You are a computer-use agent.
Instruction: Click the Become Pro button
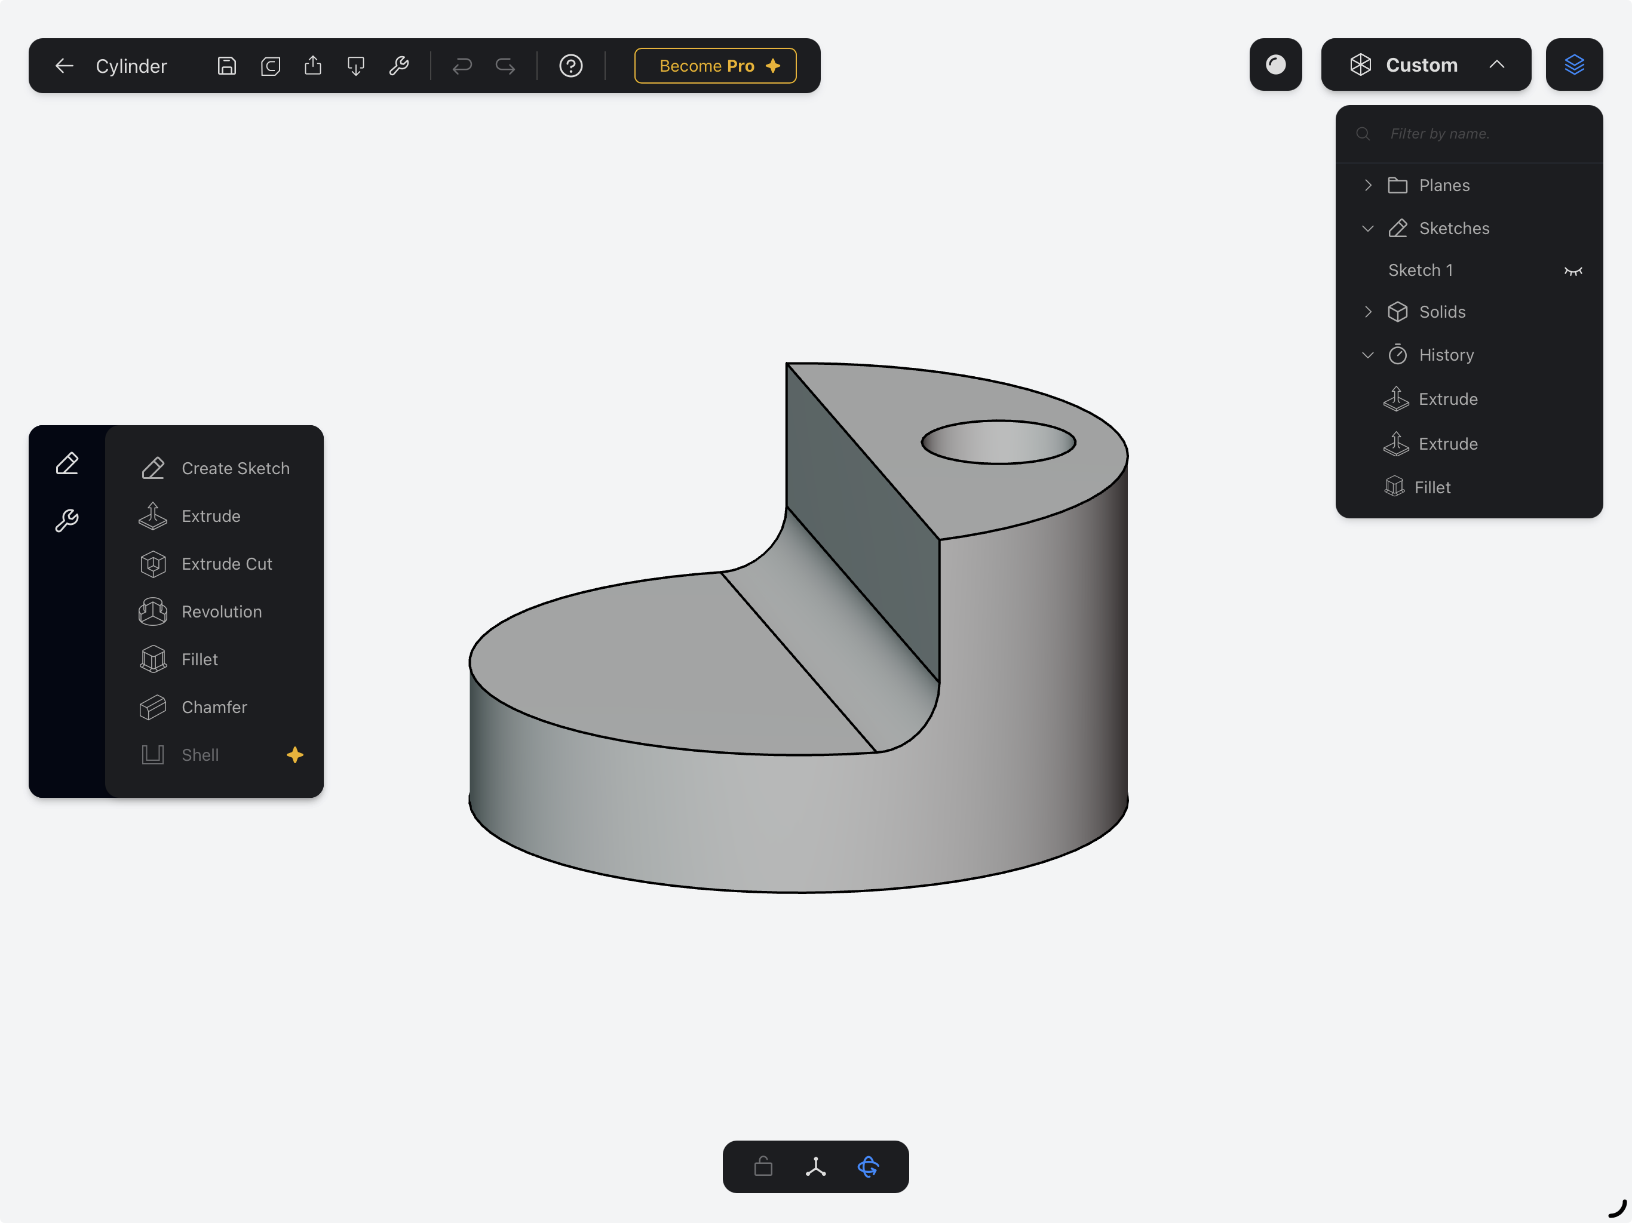[714, 66]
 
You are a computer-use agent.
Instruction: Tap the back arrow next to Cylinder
[64, 66]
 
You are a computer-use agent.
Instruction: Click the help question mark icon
[570, 66]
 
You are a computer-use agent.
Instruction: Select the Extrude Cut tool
[226, 564]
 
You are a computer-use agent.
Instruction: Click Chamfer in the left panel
[213, 706]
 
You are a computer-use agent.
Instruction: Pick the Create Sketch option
[235, 468]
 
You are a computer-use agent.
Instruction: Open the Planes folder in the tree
[1443, 185]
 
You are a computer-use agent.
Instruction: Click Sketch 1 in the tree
[1421, 270]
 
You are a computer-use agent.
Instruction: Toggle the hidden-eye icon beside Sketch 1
[1572, 271]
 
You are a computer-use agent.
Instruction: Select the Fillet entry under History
[1431, 487]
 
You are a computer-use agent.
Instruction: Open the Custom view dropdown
[1425, 65]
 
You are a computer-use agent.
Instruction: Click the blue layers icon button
[1573, 65]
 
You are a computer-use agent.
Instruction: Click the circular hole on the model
[998, 442]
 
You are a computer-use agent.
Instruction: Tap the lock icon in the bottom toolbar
[763, 1166]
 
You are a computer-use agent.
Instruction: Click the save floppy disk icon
[226, 66]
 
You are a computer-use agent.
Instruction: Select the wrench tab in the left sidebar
[66, 520]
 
